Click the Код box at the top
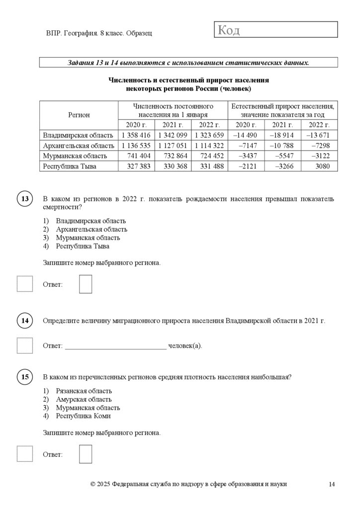(x=275, y=30)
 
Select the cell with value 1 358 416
(x=136, y=135)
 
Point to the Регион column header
(x=79, y=115)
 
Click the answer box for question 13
(x=86, y=284)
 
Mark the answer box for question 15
(x=86, y=454)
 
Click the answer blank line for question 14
(x=116, y=345)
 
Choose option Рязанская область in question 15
(x=84, y=391)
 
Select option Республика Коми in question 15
(x=83, y=416)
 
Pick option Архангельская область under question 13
(x=91, y=229)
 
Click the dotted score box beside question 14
(x=25, y=345)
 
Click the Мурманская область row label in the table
(x=75, y=156)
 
